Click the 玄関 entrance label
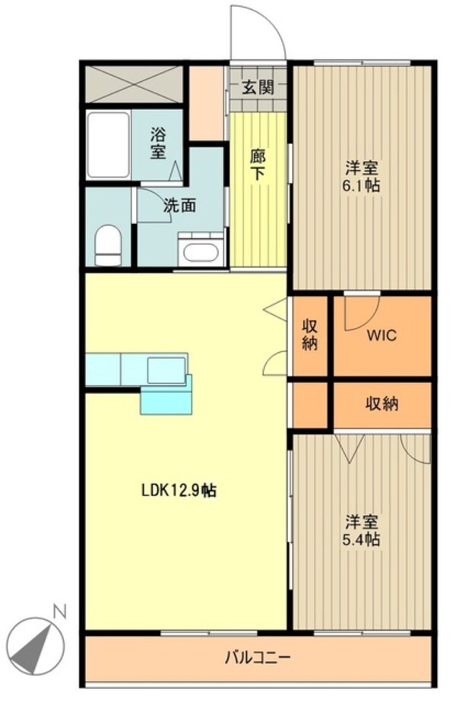258,86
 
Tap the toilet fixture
109,244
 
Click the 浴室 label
157,143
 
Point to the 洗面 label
179,204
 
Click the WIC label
382,335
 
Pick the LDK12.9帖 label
179,490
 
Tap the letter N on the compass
59,610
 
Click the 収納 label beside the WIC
310,335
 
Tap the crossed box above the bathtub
134,84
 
